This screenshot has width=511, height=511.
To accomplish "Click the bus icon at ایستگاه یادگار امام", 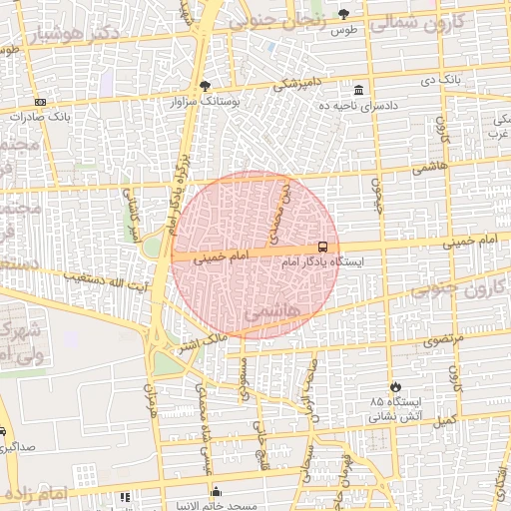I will point(323,246).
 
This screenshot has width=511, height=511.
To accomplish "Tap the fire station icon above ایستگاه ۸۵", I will point(396,386).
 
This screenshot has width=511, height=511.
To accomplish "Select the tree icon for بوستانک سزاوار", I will point(205,86).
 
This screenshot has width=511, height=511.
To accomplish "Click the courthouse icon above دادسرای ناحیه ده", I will point(358,89).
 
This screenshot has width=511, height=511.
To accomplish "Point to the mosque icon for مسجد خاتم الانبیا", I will point(216,491).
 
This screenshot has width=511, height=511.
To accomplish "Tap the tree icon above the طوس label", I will point(344,14).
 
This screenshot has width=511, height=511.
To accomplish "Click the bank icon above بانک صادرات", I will point(39,102).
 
